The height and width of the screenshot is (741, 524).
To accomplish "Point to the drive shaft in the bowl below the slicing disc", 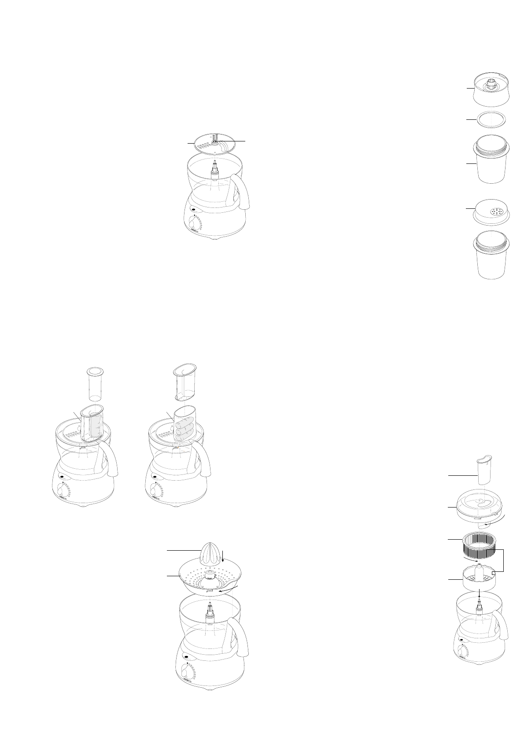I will tap(215, 170).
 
